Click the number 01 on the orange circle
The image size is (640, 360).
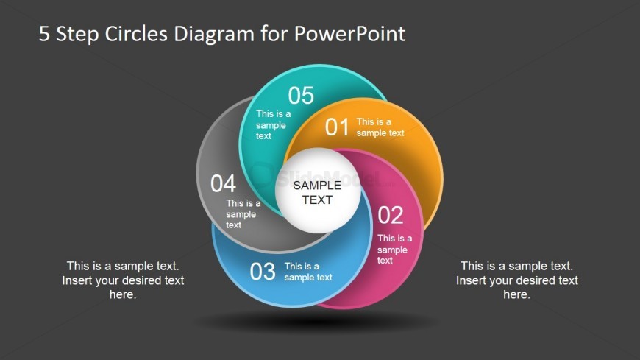[337, 127]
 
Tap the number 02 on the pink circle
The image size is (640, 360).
[391, 216]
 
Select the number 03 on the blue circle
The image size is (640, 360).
[263, 272]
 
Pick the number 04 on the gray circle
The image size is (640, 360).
[223, 183]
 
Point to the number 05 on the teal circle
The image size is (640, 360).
[301, 95]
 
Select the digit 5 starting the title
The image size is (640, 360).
[45, 34]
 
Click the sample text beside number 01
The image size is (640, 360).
[380, 127]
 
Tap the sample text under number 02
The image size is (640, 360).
[394, 249]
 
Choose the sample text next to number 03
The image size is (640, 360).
[308, 272]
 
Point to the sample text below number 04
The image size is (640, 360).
[243, 213]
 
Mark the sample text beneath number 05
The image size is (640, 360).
[273, 124]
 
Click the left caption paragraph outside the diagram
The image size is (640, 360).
[123, 280]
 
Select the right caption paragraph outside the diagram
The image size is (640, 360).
[516, 280]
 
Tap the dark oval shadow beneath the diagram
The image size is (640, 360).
[316, 322]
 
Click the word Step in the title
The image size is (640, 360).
[79, 34]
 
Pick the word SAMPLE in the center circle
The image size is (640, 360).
[317, 186]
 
